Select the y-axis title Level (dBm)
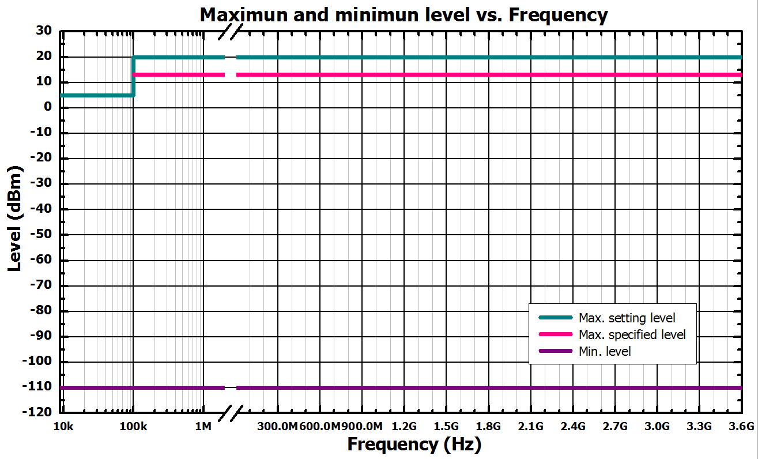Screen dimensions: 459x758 point(16,219)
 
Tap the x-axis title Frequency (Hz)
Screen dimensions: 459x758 point(414,445)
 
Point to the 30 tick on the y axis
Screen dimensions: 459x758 point(44,31)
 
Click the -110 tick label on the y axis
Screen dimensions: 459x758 point(38,387)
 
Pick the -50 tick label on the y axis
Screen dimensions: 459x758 point(41,235)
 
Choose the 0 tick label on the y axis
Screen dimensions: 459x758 point(48,108)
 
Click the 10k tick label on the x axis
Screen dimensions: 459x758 point(62,427)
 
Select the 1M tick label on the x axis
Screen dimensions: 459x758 point(203,427)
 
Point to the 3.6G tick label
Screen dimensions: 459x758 point(741,427)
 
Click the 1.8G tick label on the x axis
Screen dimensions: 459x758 point(488,427)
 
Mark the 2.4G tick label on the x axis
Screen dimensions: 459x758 point(573,427)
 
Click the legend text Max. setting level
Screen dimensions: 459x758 point(627,318)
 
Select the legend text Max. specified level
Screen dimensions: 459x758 point(632,334)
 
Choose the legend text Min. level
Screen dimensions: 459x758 point(605,351)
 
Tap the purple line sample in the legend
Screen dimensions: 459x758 point(555,351)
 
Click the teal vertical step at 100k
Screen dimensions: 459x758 point(133,76)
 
